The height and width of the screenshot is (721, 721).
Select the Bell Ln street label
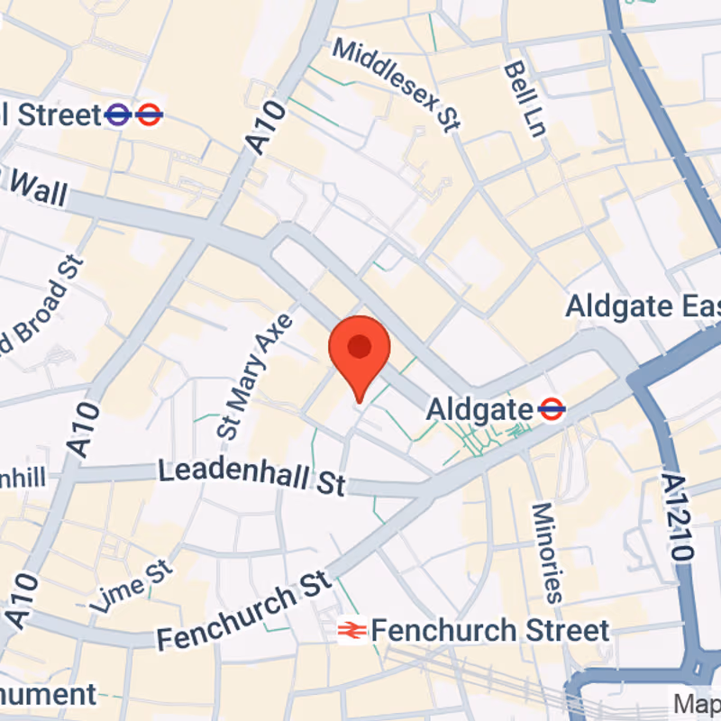(525, 99)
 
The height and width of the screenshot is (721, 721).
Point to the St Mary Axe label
(256, 376)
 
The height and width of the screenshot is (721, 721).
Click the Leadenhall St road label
(251, 476)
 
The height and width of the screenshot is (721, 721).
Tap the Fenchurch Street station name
(490, 630)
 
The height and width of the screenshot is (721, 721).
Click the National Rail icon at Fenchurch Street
(351, 631)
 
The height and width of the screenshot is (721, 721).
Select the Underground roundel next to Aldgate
(552, 410)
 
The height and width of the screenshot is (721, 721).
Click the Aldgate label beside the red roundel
(479, 410)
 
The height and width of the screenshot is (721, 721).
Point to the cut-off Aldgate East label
(643, 306)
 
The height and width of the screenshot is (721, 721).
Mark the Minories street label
(546, 552)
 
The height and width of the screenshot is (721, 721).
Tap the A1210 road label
(678, 517)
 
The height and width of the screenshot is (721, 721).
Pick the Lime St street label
(131, 586)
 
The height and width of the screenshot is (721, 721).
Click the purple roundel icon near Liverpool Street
(117, 114)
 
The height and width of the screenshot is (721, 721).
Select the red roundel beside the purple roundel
(150, 114)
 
